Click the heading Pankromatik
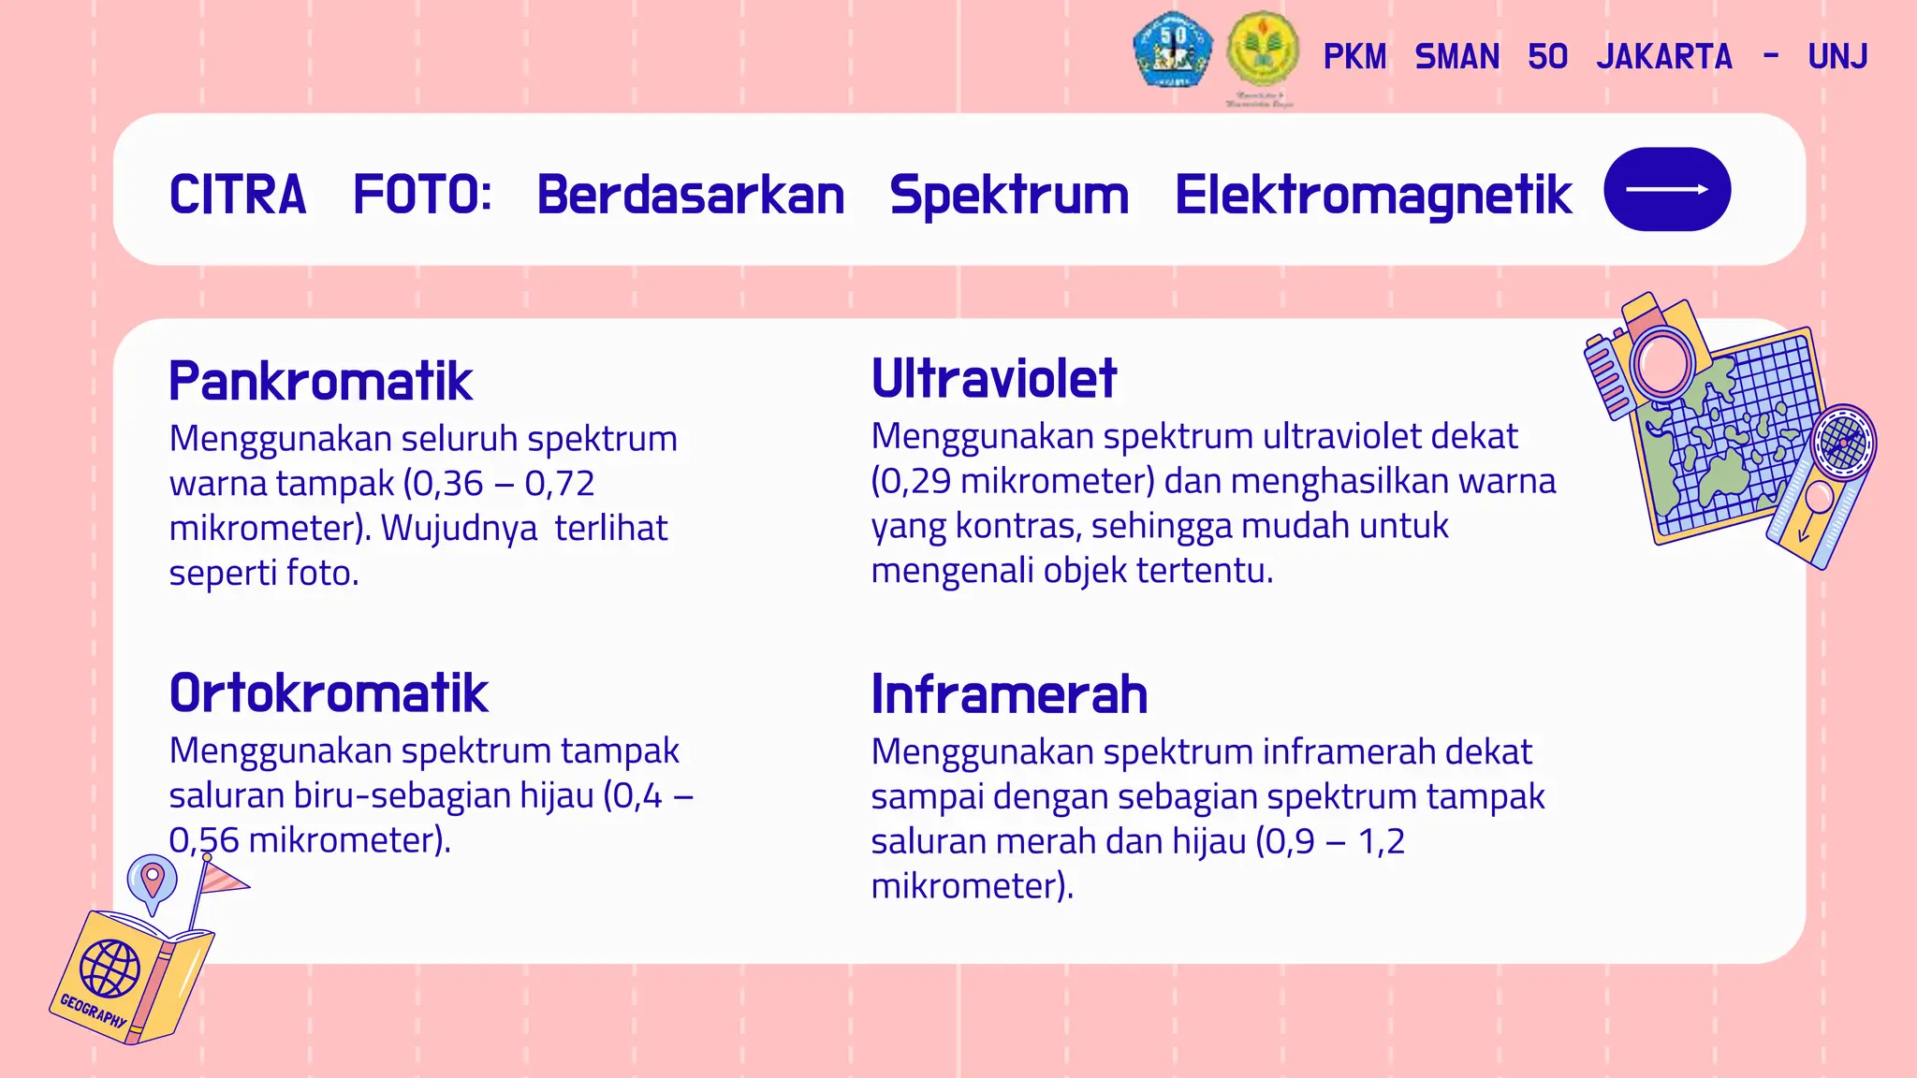pos(320,382)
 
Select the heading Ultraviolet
pos(994,379)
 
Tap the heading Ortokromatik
pos(329,693)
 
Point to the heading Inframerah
pos(1009,694)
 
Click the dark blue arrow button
pos(1666,190)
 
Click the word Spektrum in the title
pos(1009,196)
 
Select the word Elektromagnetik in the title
pos(1372,196)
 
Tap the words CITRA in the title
pos(238,196)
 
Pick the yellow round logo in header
pos(1262,49)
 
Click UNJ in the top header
pos(1837,57)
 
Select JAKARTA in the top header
pos(1664,57)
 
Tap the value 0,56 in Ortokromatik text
pos(204,840)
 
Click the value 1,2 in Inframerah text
pos(1382,841)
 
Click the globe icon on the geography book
pos(110,969)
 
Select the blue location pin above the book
pos(152,881)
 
